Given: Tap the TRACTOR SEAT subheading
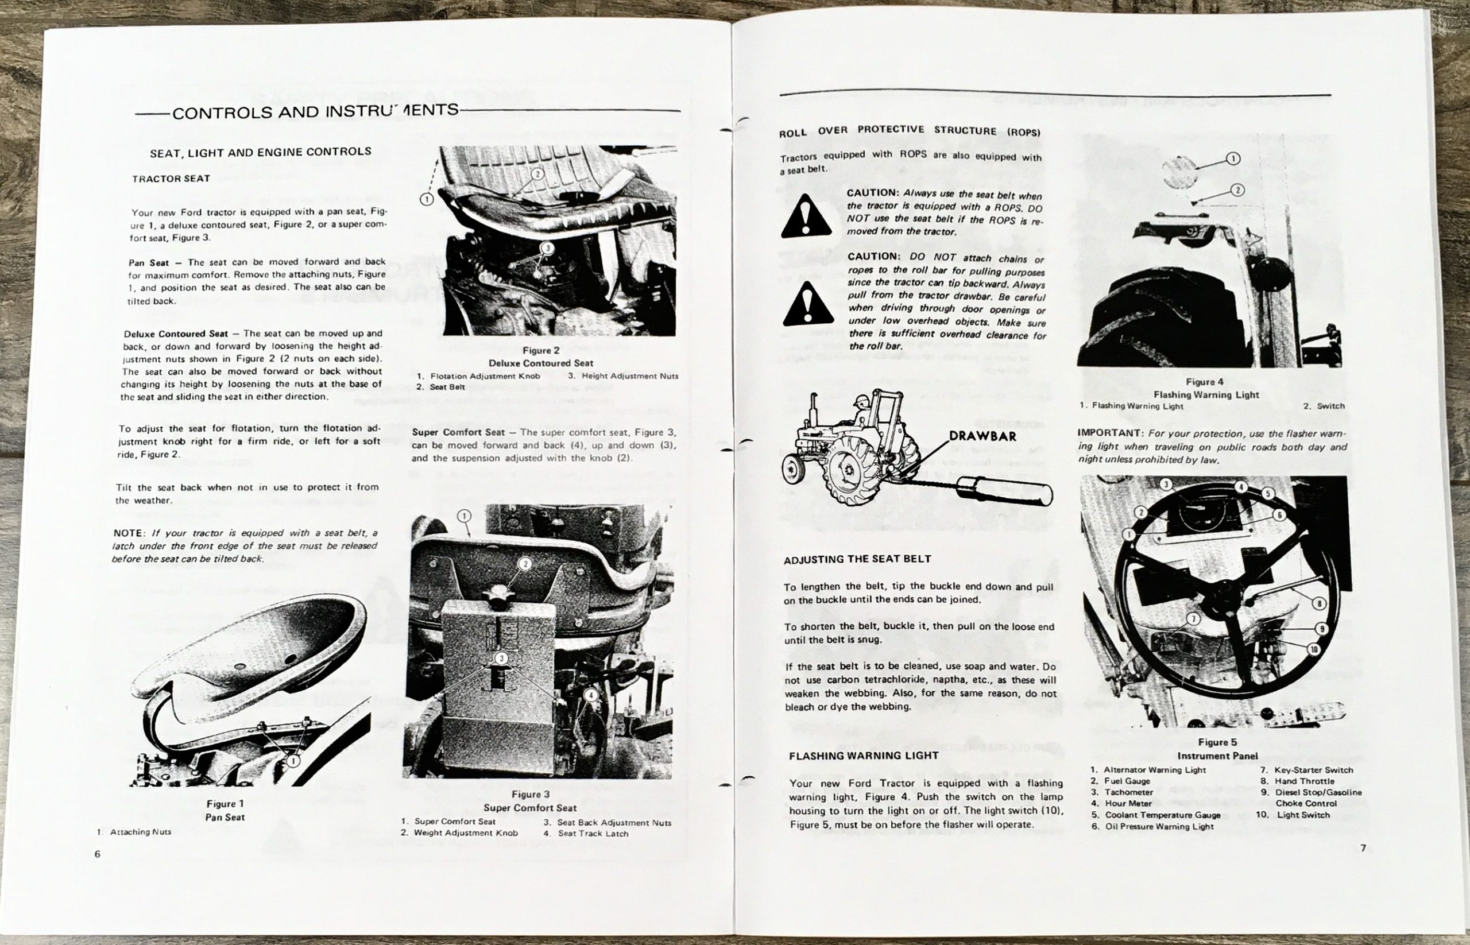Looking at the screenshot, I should pos(171,179).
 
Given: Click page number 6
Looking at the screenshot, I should pos(98,854).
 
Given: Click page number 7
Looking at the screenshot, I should pos(1363,849).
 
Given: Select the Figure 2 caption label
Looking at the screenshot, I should pos(540,350).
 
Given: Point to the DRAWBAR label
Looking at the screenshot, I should pos(982,436).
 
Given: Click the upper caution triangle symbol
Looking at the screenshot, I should pos(806,217).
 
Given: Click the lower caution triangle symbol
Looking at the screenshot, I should pos(808,305).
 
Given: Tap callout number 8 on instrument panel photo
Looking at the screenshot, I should pos(1320,603).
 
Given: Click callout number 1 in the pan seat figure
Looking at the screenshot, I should pos(293,761).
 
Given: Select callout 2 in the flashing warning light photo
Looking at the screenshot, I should pos(1237,189).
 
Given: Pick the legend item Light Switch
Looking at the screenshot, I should pos(1303,815).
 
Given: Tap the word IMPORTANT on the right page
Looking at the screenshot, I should pos(1104,433).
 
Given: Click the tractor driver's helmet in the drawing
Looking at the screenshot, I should pos(861,401).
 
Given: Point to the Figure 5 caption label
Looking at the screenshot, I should pos(1217,742).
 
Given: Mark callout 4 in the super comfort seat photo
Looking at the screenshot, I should pos(590,695).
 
